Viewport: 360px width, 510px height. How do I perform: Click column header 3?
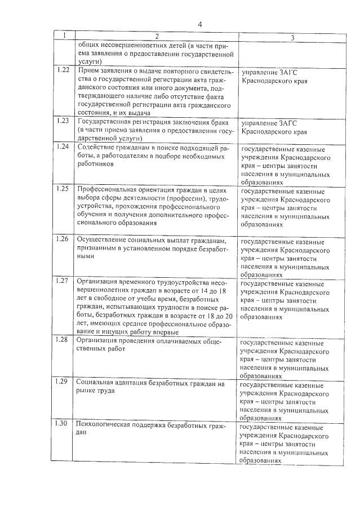292,37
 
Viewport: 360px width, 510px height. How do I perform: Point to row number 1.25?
65,188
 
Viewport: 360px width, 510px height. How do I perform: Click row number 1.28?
65,339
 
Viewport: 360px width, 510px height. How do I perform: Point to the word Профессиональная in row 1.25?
106,189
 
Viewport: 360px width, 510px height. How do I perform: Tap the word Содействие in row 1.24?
95,147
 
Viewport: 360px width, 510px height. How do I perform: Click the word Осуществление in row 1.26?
101,239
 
